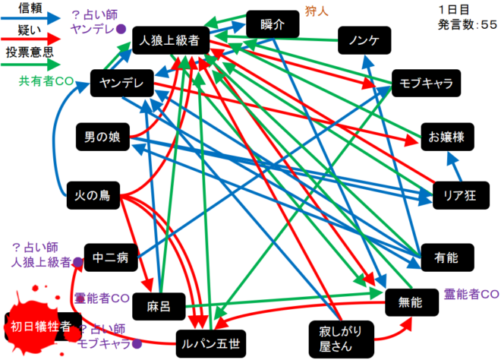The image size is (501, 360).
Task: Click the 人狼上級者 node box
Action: (165, 41)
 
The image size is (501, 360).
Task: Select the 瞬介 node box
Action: (272, 24)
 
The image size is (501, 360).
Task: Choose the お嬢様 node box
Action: (452, 137)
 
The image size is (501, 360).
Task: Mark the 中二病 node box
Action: (112, 257)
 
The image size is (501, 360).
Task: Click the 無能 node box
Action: (412, 302)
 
